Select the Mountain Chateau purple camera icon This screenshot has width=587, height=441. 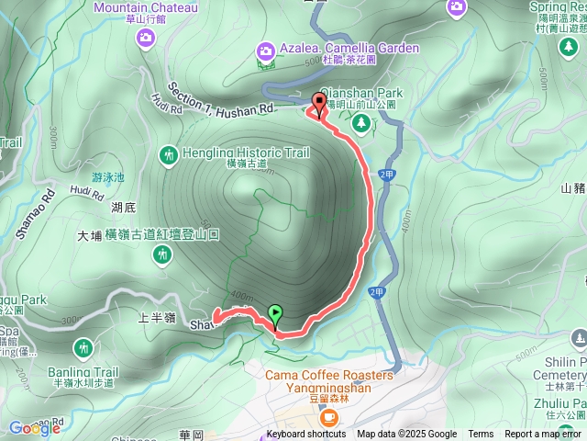tap(145, 37)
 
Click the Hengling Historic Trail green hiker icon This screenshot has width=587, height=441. tap(168, 156)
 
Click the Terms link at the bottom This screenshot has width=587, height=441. tap(481, 435)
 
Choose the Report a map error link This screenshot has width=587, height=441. tap(545, 435)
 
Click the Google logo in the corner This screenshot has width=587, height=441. tap(35, 428)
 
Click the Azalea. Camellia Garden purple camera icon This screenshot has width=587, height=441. tap(266, 50)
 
